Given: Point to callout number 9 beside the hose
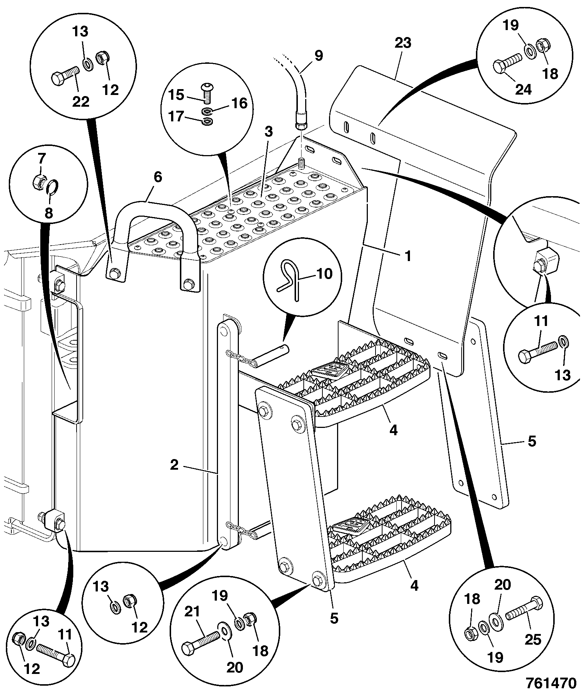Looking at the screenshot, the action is (x=318, y=56).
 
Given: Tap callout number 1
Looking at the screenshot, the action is (x=408, y=256).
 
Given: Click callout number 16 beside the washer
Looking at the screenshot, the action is (x=239, y=104).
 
